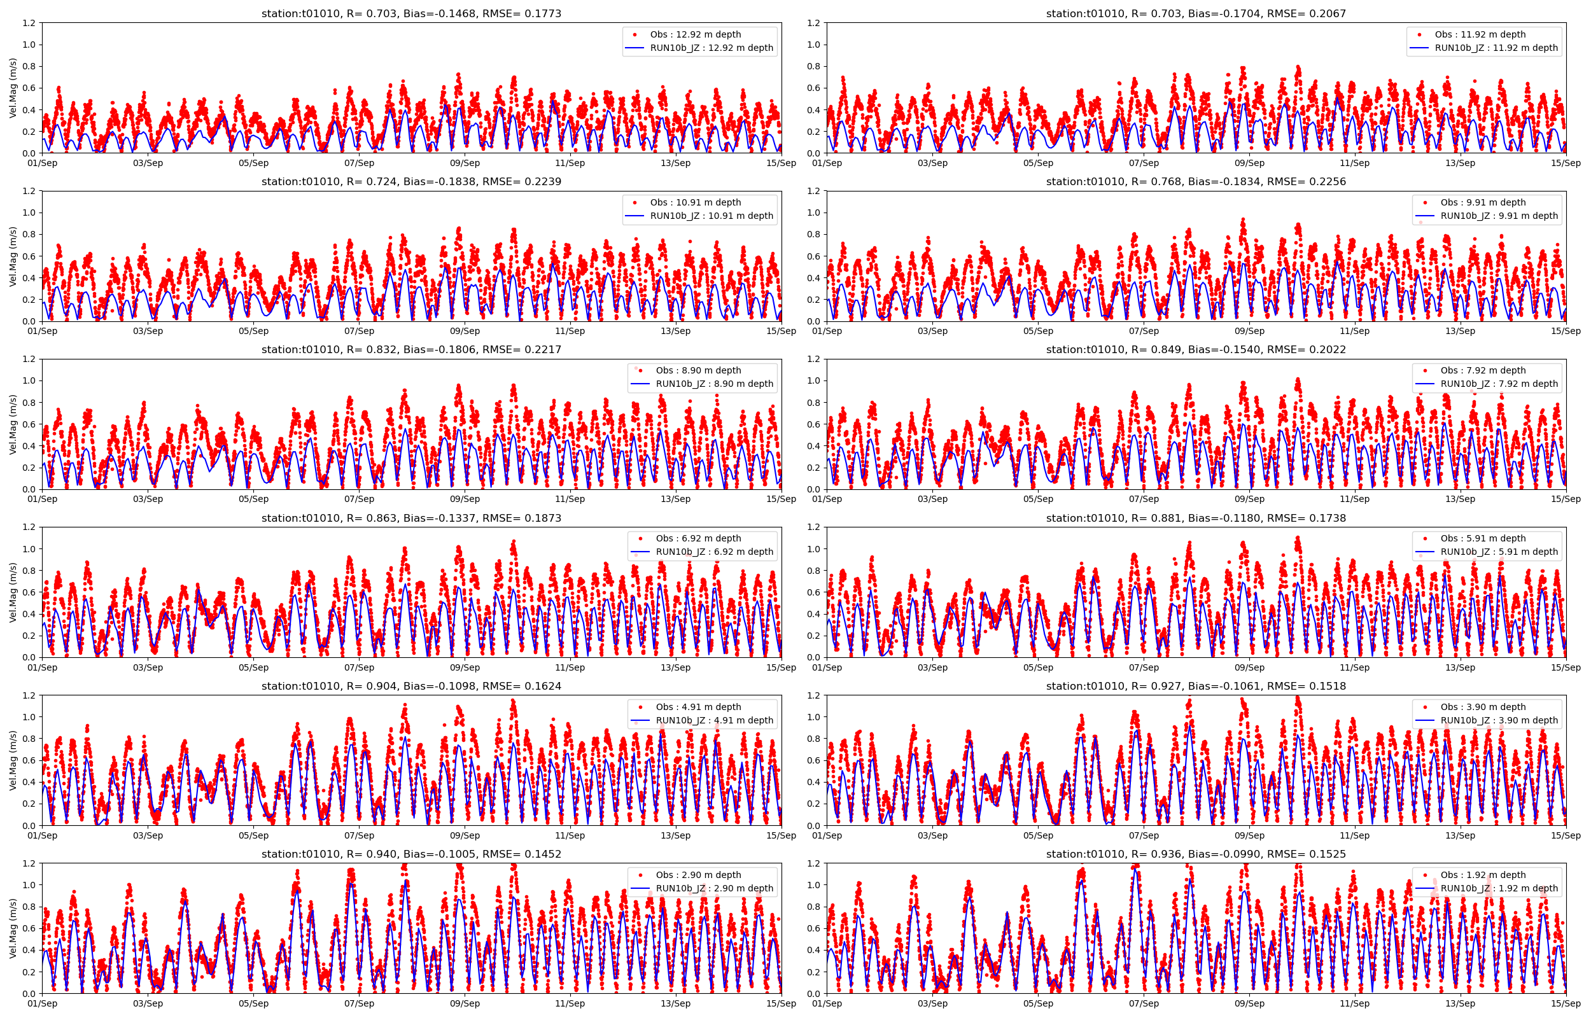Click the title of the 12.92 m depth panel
pyautogui.click(x=411, y=13)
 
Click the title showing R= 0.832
pyautogui.click(x=411, y=350)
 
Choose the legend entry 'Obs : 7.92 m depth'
pyautogui.click(x=1483, y=370)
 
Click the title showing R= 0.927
pyautogui.click(x=1196, y=686)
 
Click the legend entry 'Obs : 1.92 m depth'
pyautogui.click(x=1483, y=875)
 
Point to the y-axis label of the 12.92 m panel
pyautogui.click(x=13, y=88)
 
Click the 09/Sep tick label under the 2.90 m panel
pyautogui.click(x=465, y=1003)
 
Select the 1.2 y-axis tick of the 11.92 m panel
pyautogui.click(x=814, y=23)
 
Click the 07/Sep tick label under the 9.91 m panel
pyautogui.click(x=1144, y=331)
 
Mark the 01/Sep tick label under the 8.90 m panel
pyautogui.click(x=42, y=499)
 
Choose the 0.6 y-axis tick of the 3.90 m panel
pyautogui.click(x=814, y=760)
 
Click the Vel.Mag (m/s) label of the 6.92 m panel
pyautogui.click(x=13, y=592)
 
